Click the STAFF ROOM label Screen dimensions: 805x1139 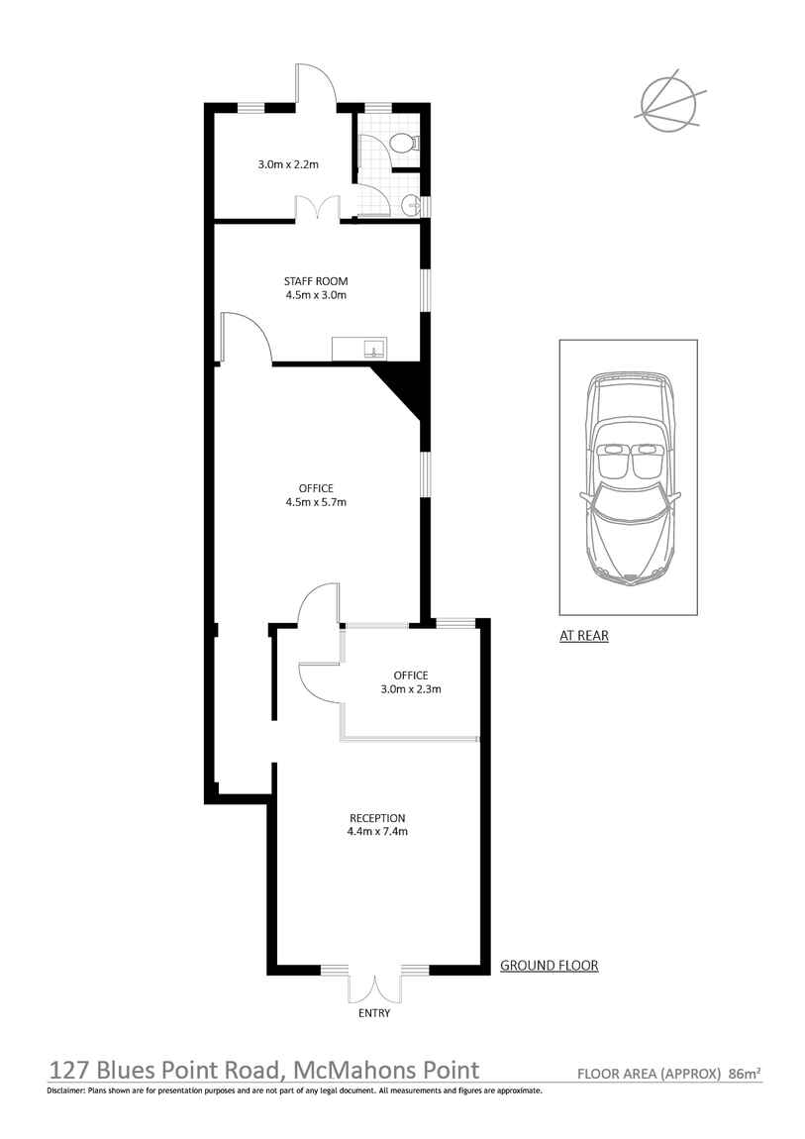click(316, 281)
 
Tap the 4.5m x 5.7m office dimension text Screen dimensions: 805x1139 click(316, 502)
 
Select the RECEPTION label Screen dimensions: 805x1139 click(377, 818)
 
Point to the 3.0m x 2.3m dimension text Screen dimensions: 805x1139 click(411, 688)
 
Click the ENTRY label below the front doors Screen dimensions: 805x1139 click(374, 1012)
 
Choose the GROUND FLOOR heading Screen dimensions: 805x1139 click(550, 966)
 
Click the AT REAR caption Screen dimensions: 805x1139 click(583, 636)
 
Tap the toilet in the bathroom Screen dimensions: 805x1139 click(402, 143)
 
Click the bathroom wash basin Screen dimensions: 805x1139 click(412, 206)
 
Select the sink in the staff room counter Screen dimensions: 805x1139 click(374, 349)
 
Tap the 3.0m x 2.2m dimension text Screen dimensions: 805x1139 click(288, 164)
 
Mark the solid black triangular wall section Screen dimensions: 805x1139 click(401, 388)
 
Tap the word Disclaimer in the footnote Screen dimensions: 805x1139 click(65, 1090)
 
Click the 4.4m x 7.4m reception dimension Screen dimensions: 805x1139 click(377, 831)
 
